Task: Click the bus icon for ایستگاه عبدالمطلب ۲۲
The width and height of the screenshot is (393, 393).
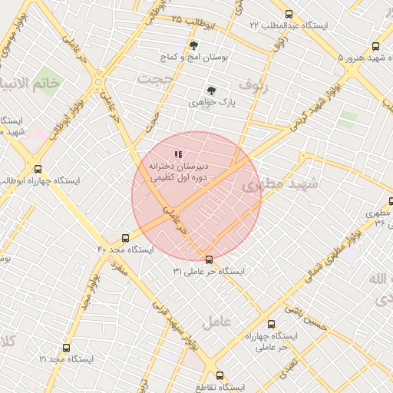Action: point(289,15)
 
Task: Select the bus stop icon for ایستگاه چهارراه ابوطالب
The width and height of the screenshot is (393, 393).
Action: point(38,170)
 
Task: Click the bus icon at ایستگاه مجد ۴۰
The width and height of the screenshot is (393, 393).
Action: point(126,239)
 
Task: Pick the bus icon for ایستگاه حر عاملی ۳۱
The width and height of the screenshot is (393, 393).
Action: point(209,259)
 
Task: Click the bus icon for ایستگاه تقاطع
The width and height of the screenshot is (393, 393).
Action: point(220,376)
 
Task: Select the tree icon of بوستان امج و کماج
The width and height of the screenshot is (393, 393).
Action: point(193,46)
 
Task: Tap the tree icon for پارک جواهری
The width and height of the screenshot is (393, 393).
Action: point(212,90)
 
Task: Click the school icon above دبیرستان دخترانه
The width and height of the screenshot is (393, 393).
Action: point(179,155)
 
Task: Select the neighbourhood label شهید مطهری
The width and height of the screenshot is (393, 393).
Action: point(273,184)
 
